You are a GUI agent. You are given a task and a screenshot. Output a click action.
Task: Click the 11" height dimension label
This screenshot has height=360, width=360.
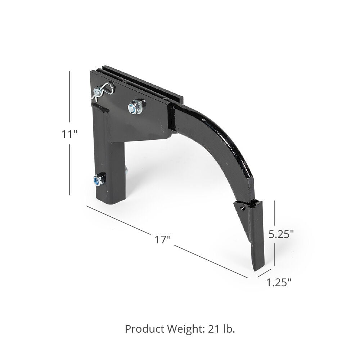(69, 134)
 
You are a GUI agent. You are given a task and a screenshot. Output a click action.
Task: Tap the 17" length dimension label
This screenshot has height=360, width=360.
(163, 239)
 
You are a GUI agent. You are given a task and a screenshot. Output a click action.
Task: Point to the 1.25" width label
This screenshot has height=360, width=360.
(279, 283)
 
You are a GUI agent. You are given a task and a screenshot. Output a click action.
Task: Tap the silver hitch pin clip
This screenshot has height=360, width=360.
(103, 90)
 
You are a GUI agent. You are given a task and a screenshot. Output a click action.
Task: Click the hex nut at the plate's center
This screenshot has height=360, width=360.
(136, 107)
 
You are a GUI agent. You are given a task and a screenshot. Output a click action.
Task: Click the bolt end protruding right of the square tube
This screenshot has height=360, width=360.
(126, 170)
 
